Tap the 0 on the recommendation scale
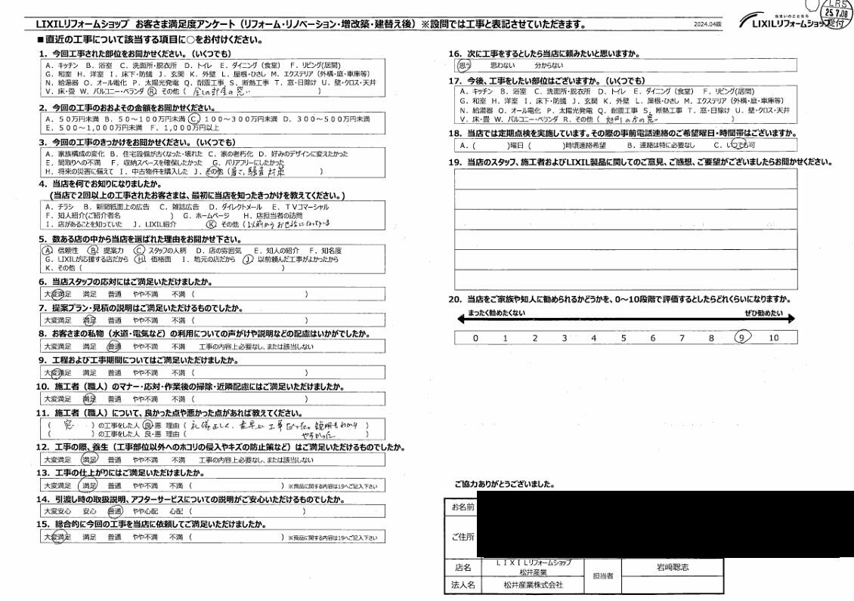click(x=475, y=337)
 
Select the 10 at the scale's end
click(x=773, y=337)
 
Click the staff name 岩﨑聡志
click(x=671, y=566)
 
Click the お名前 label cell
click(x=462, y=507)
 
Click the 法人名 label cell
click(x=462, y=584)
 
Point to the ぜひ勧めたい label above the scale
click(x=764, y=313)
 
